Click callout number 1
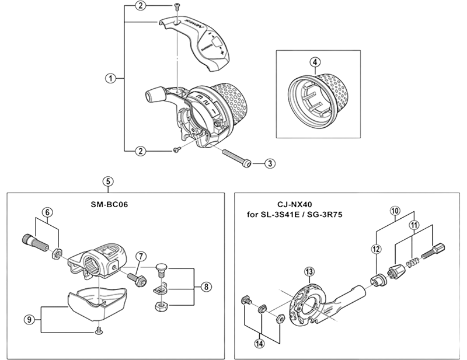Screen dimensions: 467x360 (110, 79)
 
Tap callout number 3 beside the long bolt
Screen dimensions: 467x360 (270, 163)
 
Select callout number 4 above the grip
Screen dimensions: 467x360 (315, 62)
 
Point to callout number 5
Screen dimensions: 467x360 (108, 181)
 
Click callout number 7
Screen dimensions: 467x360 (141, 256)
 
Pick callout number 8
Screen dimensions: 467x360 (206, 287)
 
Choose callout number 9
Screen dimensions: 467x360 (29, 320)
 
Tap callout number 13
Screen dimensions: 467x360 (309, 271)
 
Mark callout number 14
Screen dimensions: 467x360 (259, 343)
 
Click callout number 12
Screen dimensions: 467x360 (377, 249)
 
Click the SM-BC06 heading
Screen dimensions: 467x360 (109, 205)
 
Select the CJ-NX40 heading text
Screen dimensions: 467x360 (295, 205)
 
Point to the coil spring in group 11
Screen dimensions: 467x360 (413, 261)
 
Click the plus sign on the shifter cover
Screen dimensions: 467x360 (222, 53)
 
